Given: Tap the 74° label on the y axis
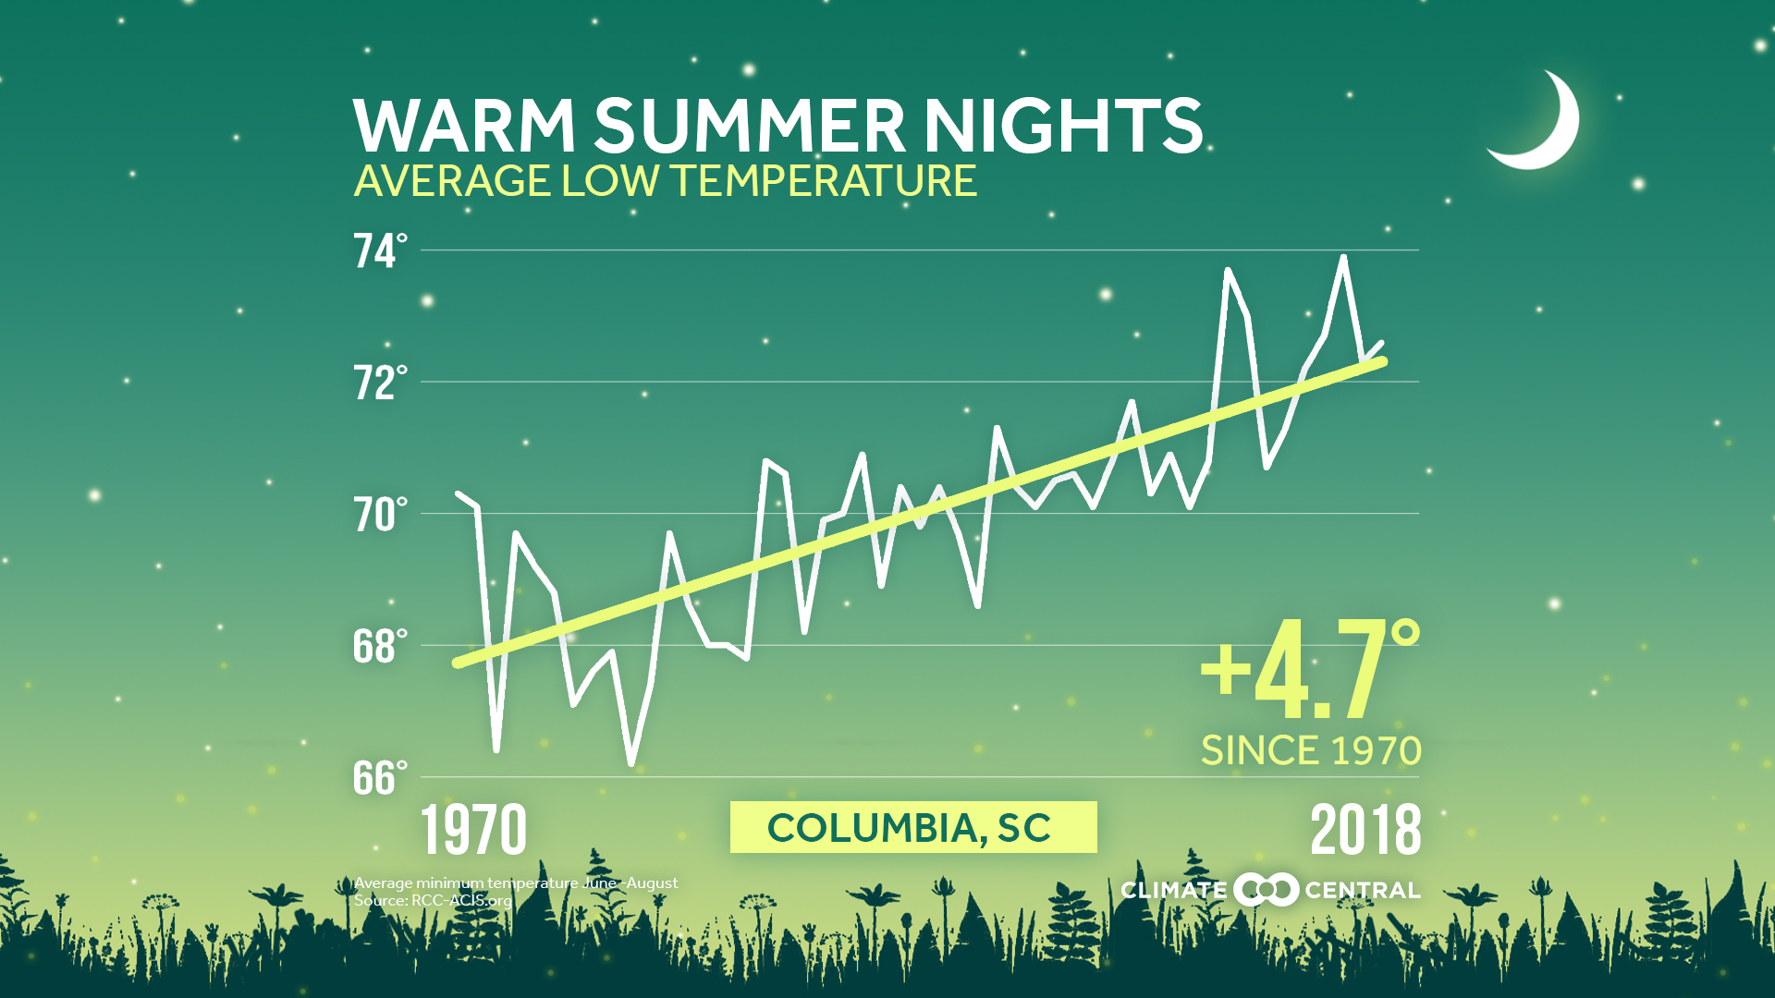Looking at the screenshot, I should point(379,251).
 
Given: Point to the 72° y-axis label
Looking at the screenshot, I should point(379,383).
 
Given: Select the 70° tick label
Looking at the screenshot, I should point(379,516).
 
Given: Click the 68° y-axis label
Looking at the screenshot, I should point(379,647).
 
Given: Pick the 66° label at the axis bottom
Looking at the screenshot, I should point(379,779).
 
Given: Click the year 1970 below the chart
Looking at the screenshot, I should point(473,830).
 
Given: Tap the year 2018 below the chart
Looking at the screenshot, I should point(1365,830).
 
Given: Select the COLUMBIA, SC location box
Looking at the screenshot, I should point(912,827).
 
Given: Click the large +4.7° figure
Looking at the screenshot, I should point(1308,671).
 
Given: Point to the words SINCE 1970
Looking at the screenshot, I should point(1310,750).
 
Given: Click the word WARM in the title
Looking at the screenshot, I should point(464,127).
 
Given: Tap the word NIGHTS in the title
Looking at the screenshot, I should point(1062,127).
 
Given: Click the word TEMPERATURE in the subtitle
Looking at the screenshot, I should point(824,180).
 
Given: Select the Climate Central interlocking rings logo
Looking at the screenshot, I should point(1266,890).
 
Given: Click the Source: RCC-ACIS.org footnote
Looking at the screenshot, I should point(433,901).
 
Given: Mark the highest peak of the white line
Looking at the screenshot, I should point(1343,258).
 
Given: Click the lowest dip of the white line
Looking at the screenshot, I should point(631,764).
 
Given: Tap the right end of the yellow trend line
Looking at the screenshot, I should point(1383,361).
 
